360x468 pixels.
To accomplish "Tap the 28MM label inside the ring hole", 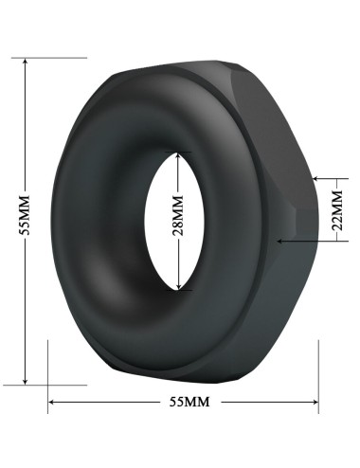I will click(x=180, y=221).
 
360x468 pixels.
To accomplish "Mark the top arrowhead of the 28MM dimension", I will click(x=179, y=154).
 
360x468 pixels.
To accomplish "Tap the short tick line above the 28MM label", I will click(x=179, y=151).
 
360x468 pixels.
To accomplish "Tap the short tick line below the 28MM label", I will click(x=179, y=291).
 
